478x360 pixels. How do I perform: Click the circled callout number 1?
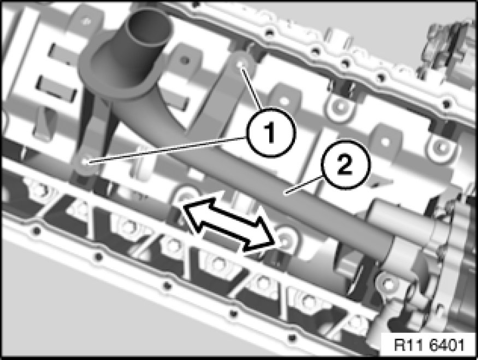coord(271,132)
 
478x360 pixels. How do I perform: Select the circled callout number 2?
coord(345,165)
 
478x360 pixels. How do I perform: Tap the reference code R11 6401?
coord(429,345)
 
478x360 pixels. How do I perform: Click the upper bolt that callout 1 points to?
coord(240,64)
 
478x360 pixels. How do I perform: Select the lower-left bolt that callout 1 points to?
coord(86,161)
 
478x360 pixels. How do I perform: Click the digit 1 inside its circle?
coord(270,132)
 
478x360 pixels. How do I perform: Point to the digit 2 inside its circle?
coord(345,165)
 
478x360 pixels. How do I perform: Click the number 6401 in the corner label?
coord(447,345)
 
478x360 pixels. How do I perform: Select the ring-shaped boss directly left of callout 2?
coord(340,107)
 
